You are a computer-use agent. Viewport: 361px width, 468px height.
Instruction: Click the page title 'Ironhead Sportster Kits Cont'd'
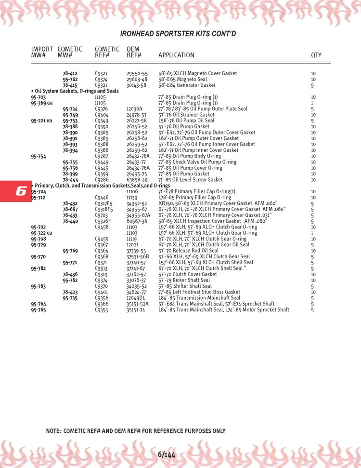point(178,34)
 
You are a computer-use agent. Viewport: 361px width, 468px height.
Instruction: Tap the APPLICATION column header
point(176,55)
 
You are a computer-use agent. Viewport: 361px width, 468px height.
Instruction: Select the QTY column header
point(316,55)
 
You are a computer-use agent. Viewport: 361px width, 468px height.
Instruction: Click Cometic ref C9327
point(101,74)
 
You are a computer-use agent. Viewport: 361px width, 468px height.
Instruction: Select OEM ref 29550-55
point(137,74)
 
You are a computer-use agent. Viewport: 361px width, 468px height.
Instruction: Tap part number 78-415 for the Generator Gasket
point(70,85)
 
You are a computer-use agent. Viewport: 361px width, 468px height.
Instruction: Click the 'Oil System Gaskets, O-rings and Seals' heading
point(75,91)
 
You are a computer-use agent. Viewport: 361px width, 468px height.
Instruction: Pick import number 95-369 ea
point(41,103)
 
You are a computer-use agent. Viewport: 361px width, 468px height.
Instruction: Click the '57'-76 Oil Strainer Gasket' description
point(186,115)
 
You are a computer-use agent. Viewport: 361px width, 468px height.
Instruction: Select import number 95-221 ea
point(41,121)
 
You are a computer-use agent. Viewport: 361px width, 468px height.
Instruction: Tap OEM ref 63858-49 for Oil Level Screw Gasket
point(137,180)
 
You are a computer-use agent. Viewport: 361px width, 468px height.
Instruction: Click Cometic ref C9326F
point(103,221)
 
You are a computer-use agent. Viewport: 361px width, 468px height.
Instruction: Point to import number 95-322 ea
point(41,233)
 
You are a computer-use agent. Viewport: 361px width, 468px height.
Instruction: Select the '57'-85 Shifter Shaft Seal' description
point(184,286)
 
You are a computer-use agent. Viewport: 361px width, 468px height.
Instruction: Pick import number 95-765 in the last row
point(39,310)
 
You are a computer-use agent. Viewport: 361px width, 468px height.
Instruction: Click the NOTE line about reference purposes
point(135,431)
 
